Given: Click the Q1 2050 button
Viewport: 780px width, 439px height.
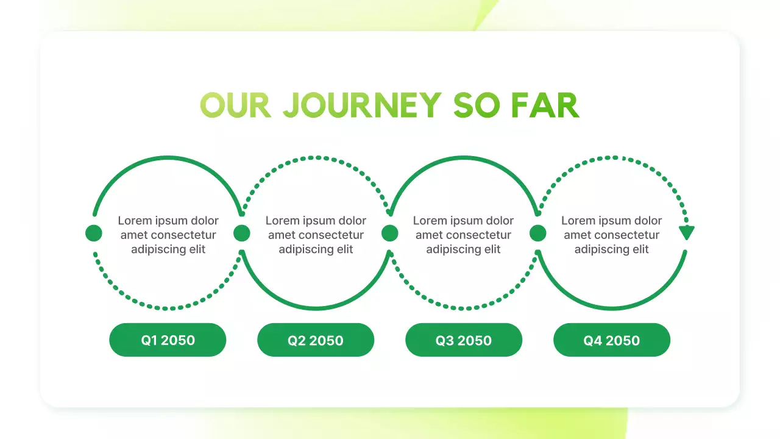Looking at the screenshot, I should point(168,340).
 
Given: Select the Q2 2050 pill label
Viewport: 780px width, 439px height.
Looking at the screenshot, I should point(316,340).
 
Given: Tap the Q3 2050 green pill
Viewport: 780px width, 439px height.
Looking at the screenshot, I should point(464,340).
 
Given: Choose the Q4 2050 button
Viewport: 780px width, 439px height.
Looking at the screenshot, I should point(612,340).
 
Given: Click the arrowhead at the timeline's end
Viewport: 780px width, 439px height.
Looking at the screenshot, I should point(687,232).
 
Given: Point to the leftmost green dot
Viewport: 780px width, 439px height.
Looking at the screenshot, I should point(94,233).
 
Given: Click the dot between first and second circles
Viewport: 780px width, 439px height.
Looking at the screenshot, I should point(242,233).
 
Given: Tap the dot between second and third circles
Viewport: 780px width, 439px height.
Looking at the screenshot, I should point(390,233).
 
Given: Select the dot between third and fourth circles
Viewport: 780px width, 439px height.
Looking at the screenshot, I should point(538,233).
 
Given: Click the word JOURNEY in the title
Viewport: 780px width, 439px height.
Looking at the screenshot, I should point(363,105).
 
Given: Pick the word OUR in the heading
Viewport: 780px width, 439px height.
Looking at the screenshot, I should point(235,105).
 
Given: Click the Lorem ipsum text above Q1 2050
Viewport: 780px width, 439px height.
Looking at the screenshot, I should point(168,235).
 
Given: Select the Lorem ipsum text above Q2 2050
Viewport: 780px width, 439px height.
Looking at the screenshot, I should point(316,235).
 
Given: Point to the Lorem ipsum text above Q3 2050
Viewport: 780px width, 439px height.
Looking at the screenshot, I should point(464,235).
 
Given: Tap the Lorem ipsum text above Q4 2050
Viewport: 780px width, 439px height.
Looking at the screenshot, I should point(612,235).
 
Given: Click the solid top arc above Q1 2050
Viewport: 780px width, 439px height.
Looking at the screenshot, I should point(168,157).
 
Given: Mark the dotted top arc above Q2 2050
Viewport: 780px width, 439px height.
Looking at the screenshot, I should point(316,157).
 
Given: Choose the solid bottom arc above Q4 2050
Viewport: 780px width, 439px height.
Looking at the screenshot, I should point(612,309).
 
